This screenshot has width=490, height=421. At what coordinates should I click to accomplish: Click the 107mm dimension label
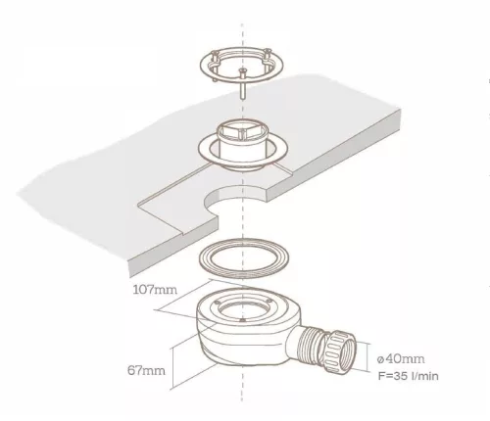click(x=155, y=290)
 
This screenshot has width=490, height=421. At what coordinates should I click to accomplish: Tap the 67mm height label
click(x=146, y=370)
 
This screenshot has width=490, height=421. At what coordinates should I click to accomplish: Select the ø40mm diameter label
click(x=401, y=359)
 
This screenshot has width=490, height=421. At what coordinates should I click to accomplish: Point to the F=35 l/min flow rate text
click(x=409, y=376)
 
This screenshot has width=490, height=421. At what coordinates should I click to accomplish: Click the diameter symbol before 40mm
click(x=380, y=359)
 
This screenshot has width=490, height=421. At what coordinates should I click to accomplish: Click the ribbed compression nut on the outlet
click(x=340, y=351)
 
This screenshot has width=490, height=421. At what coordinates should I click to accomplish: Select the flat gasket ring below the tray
click(x=243, y=258)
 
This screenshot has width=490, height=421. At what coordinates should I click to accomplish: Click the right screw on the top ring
click(x=268, y=55)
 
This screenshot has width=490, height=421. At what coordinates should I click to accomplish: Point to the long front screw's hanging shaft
click(x=242, y=88)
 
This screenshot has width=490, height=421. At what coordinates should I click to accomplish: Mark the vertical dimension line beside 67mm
click(x=171, y=369)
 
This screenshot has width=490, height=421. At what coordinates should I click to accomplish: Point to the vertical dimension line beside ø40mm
click(x=369, y=357)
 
